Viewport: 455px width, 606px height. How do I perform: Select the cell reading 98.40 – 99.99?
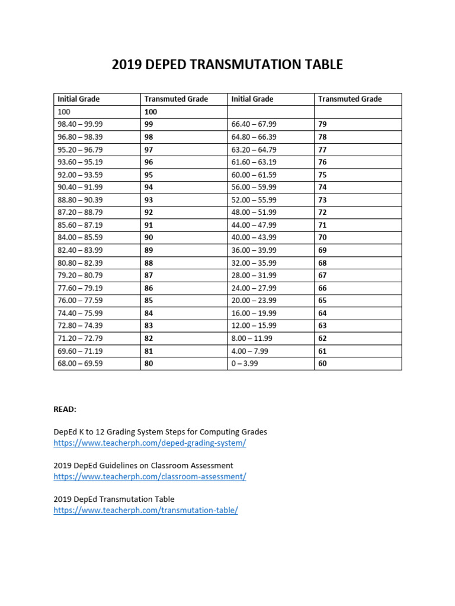[x=79, y=124]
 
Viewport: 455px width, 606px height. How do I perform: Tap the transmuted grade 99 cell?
[x=149, y=124]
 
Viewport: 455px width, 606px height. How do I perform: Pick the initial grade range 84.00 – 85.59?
[x=79, y=237]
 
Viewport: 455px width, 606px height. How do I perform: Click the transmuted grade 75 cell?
[x=322, y=175]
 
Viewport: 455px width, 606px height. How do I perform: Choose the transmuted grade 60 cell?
[x=322, y=363]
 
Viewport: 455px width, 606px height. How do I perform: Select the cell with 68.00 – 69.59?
[x=79, y=363]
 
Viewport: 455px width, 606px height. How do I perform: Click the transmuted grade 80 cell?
[x=149, y=363]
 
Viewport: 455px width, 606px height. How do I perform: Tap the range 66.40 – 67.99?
[x=254, y=124]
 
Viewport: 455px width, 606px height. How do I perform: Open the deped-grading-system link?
[x=149, y=443]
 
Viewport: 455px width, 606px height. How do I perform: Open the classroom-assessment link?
[x=149, y=476]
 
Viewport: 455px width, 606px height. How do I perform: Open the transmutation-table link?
[x=146, y=510]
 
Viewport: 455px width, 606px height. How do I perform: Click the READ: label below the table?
[x=65, y=409]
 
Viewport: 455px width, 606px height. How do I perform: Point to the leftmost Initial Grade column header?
[x=78, y=99]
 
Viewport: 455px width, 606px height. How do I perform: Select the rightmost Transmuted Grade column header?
[x=350, y=99]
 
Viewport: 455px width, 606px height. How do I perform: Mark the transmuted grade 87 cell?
[x=149, y=275]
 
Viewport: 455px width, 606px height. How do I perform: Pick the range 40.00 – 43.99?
[x=254, y=237]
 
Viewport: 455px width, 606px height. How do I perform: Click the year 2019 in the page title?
[x=128, y=65]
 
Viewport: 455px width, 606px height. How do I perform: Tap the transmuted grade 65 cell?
[x=322, y=300]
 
